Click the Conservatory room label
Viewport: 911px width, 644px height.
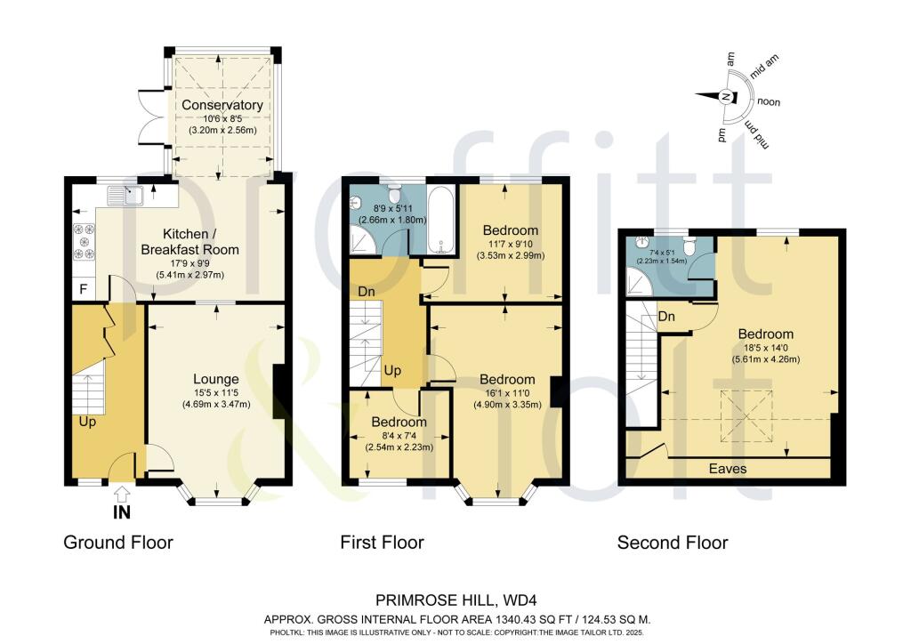point(222,105)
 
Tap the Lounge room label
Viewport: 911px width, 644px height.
point(216,379)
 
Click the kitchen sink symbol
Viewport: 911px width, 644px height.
point(125,195)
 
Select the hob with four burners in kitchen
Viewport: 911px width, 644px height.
point(84,242)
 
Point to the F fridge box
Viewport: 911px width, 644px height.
point(84,289)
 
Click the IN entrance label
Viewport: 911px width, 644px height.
point(121,511)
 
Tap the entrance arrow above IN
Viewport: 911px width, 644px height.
point(121,495)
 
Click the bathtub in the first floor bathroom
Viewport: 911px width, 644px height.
point(443,220)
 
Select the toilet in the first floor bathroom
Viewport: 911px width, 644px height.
point(394,193)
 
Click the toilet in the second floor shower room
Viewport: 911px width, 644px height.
point(689,246)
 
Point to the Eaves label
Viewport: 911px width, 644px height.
point(728,469)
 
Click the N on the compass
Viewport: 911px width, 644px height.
point(725,97)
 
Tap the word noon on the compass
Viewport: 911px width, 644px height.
point(768,102)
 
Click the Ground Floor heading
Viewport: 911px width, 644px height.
point(118,543)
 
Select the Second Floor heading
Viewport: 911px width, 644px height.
point(673,543)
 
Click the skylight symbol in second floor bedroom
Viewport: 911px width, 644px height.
point(746,417)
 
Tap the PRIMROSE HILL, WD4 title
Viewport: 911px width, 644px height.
point(452,600)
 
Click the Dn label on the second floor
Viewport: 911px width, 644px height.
point(666,317)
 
